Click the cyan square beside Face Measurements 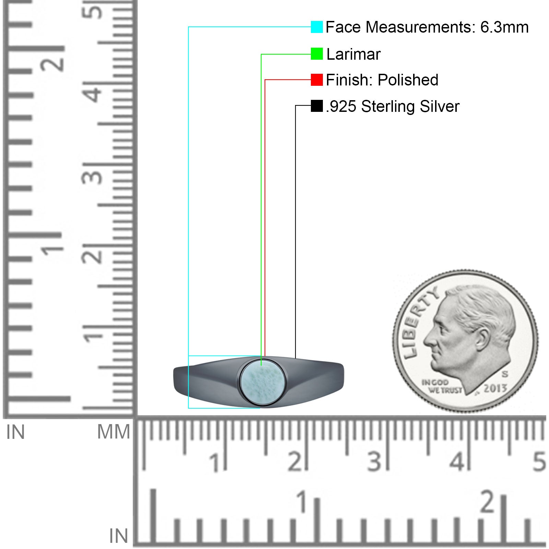(317, 27)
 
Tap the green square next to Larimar (317, 54)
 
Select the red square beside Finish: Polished (317, 80)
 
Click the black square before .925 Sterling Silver (317, 106)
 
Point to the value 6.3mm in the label (504, 27)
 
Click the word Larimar (353, 54)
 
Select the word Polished (408, 80)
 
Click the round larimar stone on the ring (262, 382)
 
